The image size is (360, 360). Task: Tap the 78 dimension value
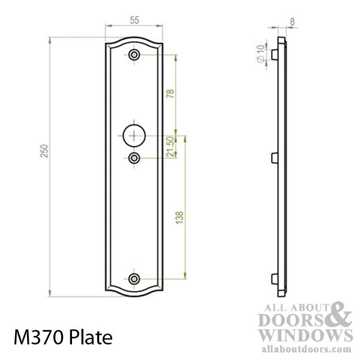tap(169, 94)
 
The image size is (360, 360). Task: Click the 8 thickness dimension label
tap(292, 21)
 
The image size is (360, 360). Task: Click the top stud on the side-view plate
tap(275, 55)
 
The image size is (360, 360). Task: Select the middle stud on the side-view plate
tap(275, 158)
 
